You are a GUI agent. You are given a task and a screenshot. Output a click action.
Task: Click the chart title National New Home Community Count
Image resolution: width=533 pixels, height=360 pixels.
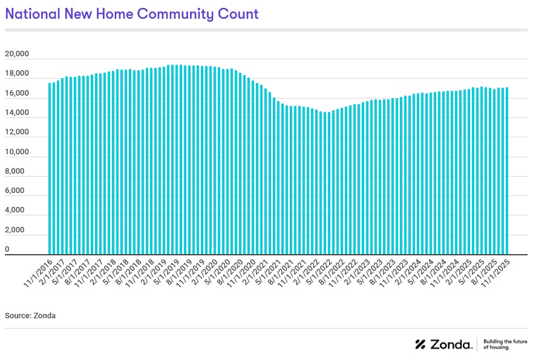pyautogui.click(x=132, y=14)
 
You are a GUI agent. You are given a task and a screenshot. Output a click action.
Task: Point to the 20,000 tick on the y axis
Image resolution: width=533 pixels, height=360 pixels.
pyautogui.click(x=17, y=54)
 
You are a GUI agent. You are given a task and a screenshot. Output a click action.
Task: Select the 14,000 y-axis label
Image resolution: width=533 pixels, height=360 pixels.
pyautogui.click(x=17, y=113)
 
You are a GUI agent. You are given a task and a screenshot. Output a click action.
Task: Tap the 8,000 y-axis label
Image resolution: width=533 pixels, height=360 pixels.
pyautogui.click(x=17, y=171)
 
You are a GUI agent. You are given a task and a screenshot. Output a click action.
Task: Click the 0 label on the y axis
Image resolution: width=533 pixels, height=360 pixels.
pyautogui.click(x=7, y=249)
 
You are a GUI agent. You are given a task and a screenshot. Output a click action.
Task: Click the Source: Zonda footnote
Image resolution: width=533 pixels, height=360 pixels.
pyautogui.click(x=30, y=316)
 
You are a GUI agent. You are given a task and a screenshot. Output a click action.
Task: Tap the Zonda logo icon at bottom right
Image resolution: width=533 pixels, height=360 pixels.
pyautogui.click(x=420, y=344)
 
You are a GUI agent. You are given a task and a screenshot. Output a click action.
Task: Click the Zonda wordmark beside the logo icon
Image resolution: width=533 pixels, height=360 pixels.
pyautogui.click(x=451, y=344)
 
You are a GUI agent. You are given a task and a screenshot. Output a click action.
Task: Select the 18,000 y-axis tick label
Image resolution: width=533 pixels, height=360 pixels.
pyautogui.click(x=17, y=74)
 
